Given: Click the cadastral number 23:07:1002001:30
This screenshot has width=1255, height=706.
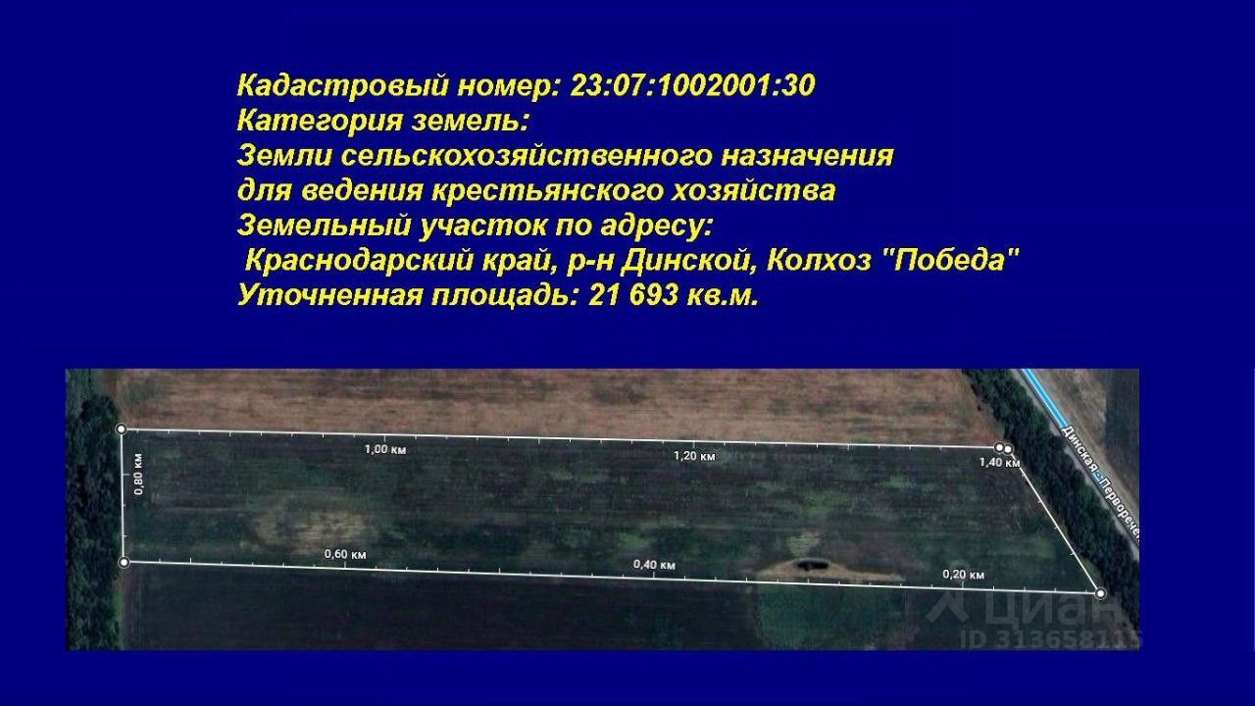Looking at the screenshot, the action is tap(692, 86).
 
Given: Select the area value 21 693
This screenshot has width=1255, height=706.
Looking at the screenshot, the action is tap(633, 295).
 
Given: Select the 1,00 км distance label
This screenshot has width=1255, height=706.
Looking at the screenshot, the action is tap(385, 449).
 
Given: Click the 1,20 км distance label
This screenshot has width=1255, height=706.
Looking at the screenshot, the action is tap(694, 456).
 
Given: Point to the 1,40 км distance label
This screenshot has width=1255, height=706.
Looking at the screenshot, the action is tap(999, 462).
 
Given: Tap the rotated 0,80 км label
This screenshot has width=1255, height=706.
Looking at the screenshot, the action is tap(138, 474).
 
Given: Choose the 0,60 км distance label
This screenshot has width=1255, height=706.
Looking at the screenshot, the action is tap(345, 554).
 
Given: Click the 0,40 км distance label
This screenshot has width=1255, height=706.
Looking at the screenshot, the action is tap(654, 564).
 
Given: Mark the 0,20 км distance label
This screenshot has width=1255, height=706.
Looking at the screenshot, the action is tap(963, 575).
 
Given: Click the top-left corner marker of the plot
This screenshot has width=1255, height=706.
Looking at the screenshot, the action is tap(122, 429).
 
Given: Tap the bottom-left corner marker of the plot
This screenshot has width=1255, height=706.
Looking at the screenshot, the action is tap(125, 562).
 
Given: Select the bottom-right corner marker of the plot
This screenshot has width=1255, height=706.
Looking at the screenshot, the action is tap(1100, 593).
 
